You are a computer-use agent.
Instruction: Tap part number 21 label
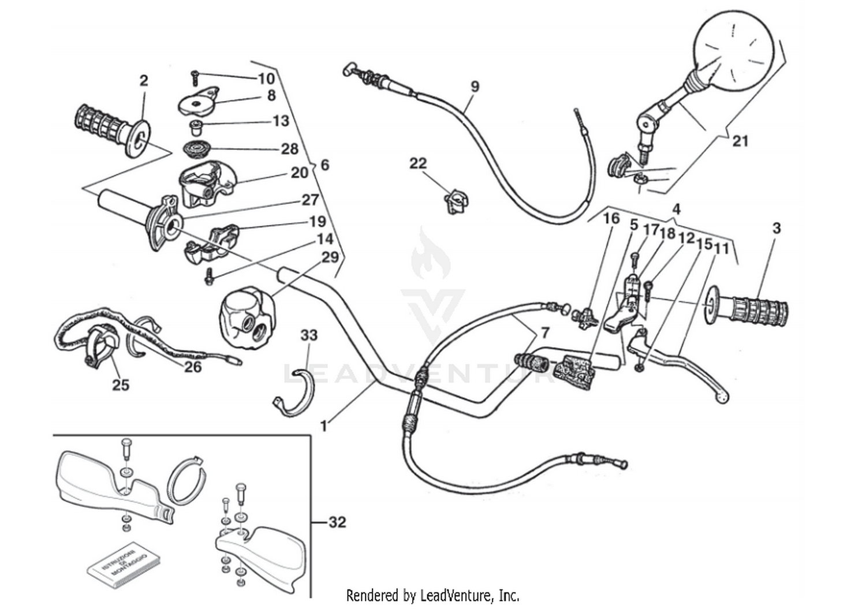pyautogui.click(x=740, y=141)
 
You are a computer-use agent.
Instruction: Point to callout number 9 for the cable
pyautogui.click(x=475, y=87)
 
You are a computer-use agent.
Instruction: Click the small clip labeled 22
pyautogui.click(x=456, y=202)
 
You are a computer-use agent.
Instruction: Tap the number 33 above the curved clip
pyautogui.click(x=309, y=335)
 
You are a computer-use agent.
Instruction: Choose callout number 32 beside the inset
pyautogui.click(x=337, y=522)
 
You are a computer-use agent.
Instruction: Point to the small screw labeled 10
pyautogui.click(x=195, y=74)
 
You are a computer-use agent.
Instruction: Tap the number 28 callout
pyautogui.click(x=289, y=149)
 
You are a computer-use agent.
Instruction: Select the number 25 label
pyautogui.click(x=120, y=385)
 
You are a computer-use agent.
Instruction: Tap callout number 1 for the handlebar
pyautogui.click(x=324, y=427)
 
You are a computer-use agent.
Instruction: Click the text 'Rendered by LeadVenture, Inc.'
pyautogui.click(x=432, y=595)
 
